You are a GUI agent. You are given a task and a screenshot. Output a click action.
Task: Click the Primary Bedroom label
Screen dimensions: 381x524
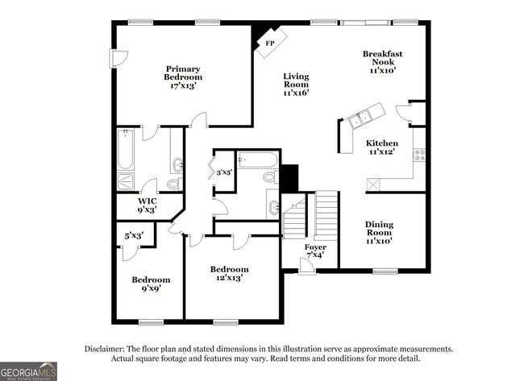[184, 77]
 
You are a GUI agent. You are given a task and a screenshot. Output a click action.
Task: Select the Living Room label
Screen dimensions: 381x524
[296, 85]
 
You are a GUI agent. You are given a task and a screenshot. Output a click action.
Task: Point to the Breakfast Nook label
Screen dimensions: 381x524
[382, 62]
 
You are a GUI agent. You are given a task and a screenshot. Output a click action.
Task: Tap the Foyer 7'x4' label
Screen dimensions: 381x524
[315, 251]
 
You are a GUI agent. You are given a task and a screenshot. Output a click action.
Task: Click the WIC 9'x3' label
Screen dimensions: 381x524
[147, 205]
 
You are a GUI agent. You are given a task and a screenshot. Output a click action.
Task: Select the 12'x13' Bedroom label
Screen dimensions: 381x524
[229, 273]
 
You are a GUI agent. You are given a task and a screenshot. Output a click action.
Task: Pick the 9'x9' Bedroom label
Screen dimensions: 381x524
[152, 284]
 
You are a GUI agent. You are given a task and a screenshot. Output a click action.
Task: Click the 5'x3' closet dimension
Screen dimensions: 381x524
[134, 236]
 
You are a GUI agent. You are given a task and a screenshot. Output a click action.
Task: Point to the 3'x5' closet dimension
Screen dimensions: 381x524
[223, 172]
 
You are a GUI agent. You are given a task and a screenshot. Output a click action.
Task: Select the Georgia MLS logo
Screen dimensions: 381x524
[29, 371]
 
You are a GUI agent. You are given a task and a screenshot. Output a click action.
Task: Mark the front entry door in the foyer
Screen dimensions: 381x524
[306, 263]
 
